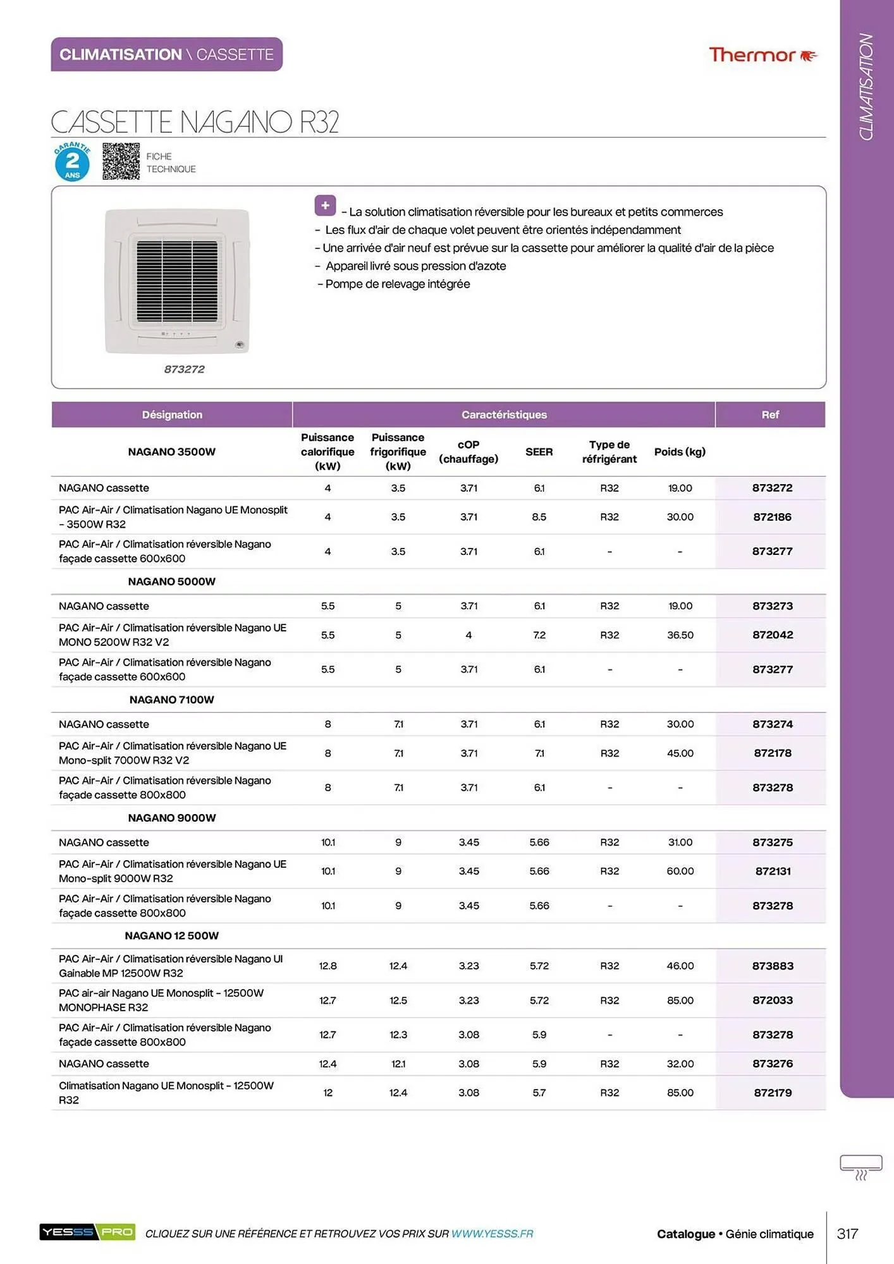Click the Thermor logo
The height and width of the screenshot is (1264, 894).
(762, 55)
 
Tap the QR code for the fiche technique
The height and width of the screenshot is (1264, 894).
(121, 161)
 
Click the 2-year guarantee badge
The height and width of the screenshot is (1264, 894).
(72, 162)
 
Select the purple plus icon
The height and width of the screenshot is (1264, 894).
(325, 205)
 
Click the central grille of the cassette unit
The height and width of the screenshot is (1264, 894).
(177, 281)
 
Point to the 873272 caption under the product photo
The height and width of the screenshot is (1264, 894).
(184, 369)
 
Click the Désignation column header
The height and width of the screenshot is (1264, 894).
(172, 415)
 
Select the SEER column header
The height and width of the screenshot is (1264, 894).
(539, 452)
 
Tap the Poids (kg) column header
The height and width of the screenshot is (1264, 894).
(680, 452)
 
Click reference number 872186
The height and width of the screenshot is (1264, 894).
(772, 517)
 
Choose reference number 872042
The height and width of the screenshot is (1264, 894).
(772, 635)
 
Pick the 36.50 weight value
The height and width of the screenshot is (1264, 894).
(680, 635)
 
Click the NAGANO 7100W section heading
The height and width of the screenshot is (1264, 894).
(172, 700)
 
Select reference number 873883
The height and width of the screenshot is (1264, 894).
(772, 966)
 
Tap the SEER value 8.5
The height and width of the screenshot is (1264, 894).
(539, 517)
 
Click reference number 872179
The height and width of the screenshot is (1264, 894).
(772, 1093)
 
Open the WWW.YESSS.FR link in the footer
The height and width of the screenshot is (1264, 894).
(492, 1234)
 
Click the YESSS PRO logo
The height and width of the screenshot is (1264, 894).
(87, 1232)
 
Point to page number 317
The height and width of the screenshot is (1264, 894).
(847, 1234)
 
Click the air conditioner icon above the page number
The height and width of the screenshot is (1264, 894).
(860, 1167)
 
